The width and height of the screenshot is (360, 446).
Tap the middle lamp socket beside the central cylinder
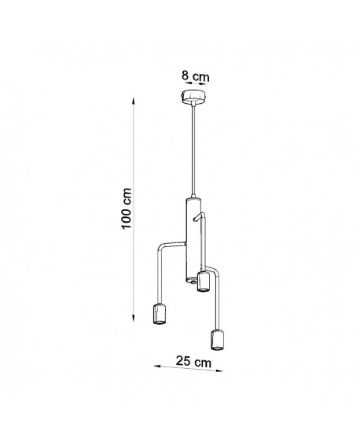[x=202, y=282]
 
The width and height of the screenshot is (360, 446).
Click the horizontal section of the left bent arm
[x=173, y=245]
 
